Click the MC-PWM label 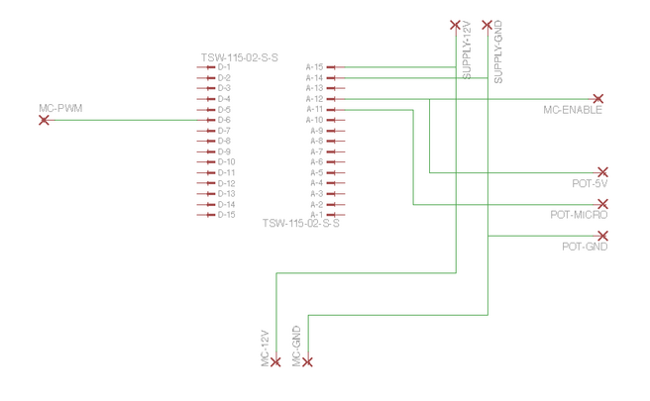[x=60, y=108]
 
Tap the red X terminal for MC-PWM [x=44, y=120]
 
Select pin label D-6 [x=224, y=120]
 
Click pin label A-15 [x=315, y=67]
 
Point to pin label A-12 [x=315, y=99]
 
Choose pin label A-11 [x=315, y=109]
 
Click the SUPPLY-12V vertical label [x=467, y=50]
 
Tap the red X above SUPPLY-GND [x=487, y=26]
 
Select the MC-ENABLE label [x=573, y=110]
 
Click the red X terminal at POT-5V [x=602, y=172]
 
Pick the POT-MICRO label [x=579, y=215]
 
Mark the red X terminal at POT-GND [x=602, y=236]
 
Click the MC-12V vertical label [x=266, y=349]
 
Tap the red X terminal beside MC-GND [x=307, y=362]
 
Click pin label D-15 [x=226, y=215]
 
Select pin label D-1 [x=224, y=67]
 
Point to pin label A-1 [x=317, y=215]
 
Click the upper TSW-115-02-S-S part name [x=240, y=57]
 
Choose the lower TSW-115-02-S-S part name [x=301, y=224]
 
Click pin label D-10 [x=226, y=162]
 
